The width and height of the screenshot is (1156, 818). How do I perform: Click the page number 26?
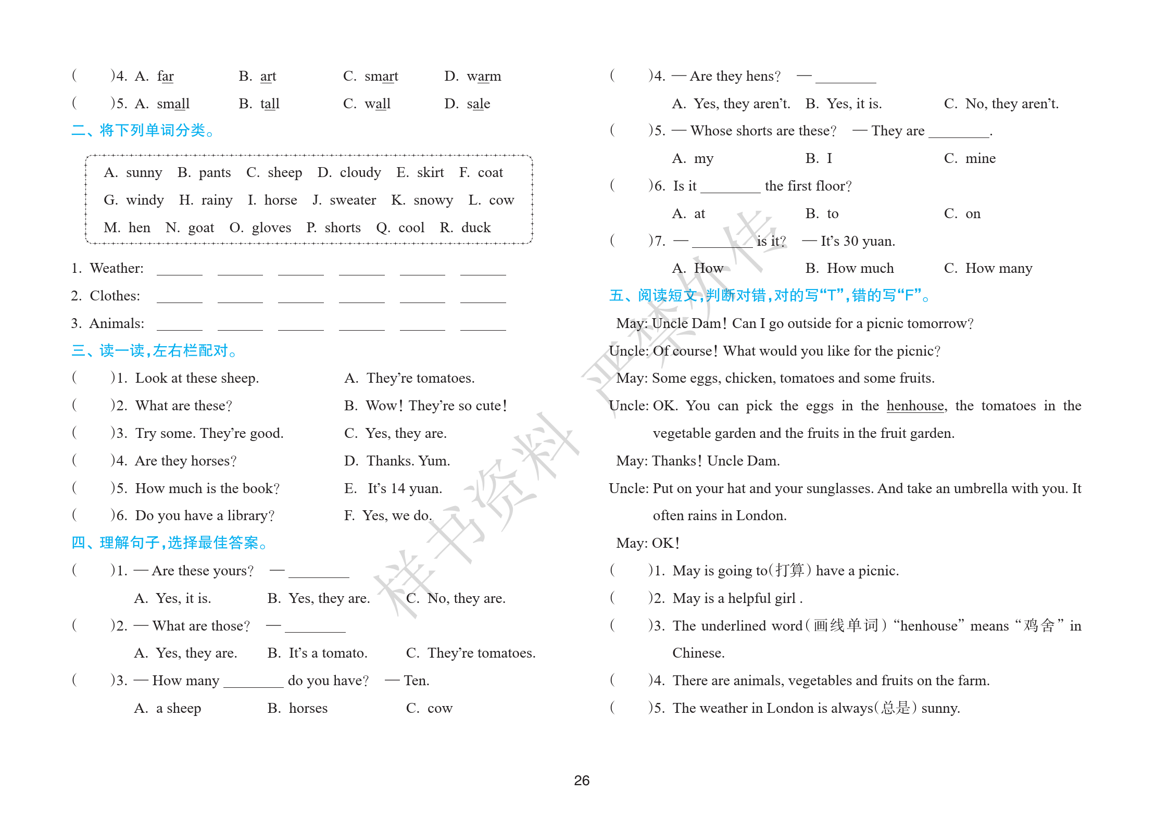581,780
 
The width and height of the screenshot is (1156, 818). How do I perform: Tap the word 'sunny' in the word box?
144,172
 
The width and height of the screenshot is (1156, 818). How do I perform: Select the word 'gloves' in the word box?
271,228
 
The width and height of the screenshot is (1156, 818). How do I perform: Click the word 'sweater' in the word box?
353,200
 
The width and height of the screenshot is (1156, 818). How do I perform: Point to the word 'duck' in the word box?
475,228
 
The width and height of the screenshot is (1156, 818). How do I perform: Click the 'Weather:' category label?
116,268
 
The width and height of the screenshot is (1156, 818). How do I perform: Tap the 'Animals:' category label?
117,323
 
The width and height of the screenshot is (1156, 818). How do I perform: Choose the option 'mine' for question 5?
980,158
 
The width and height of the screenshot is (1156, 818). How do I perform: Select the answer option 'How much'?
860,268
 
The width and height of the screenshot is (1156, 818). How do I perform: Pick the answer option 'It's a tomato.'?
328,653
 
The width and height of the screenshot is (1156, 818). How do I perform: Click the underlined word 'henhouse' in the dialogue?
915,406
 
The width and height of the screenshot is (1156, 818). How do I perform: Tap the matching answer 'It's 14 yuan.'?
404,488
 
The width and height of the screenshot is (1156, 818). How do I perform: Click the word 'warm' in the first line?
484,77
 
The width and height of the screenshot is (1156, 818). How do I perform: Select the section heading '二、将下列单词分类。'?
143,130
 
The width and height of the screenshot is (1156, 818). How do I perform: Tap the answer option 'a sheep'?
178,708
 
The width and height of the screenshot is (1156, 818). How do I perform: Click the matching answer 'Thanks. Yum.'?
408,461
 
